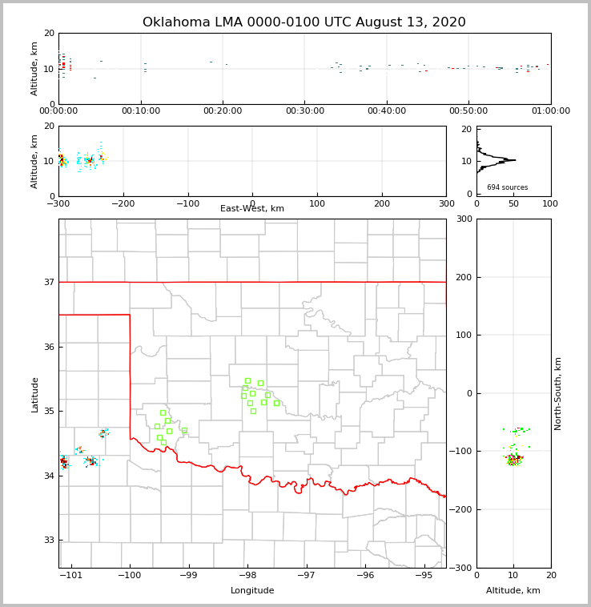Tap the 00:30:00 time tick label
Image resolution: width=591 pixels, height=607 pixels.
[x=305, y=111]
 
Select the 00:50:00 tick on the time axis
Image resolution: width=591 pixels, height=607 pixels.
[x=468, y=111]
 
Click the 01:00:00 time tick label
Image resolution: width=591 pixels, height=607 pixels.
[x=551, y=111]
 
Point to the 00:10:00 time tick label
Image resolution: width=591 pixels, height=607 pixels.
[x=141, y=111]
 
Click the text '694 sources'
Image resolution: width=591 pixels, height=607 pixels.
[x=507, y=187]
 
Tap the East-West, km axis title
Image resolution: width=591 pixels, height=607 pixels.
[x=252, y=209]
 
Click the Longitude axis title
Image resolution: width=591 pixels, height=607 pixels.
[x=252, y=591]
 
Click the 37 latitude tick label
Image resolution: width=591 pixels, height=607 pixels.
[x=48, y=282]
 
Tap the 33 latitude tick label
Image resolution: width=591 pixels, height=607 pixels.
[x=48, y=541]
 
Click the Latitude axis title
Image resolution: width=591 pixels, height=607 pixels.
[x=35, y=394]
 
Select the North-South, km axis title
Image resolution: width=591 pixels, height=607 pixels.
[x=558, y=393]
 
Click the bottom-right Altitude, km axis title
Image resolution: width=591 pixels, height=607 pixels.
[x=513, y=591]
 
